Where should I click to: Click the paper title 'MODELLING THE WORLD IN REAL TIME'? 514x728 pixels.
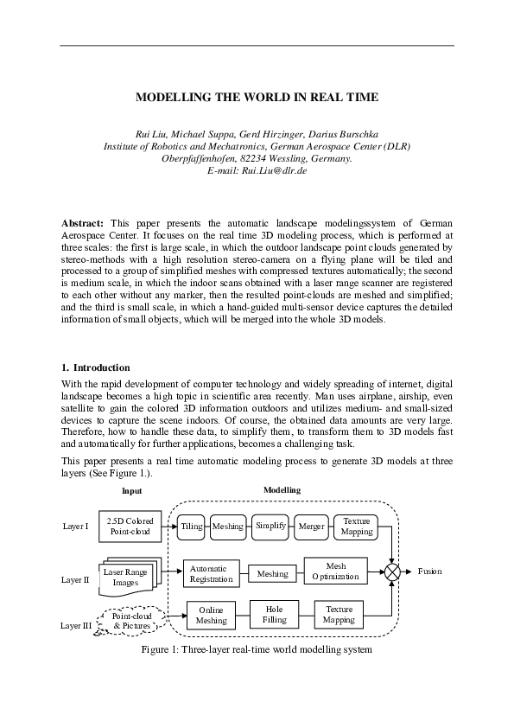pos(257,98)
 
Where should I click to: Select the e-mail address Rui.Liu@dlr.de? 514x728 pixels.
pos(257,171)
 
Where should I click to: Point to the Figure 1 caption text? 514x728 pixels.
pos(257,649)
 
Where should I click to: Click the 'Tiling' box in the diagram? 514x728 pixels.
pos(191,526)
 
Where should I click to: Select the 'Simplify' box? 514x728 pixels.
pos(270,526)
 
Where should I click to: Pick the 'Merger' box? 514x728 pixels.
pos(311,526)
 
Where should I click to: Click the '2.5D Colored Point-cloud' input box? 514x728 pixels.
pos(130,527)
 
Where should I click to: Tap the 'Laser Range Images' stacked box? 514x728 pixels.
pos(126,577)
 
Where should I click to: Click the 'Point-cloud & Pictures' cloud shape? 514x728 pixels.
pos(130,620)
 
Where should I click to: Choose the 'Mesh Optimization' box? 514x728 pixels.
pos(335,571)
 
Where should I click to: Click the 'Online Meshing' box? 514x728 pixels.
pos(212,615)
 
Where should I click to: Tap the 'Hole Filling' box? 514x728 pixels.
pos(273,614)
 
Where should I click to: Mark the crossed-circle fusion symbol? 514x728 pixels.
pos(393,572)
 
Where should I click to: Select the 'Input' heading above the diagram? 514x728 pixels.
pos(132,490)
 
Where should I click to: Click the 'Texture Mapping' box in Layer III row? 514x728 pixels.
pos(339,614)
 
